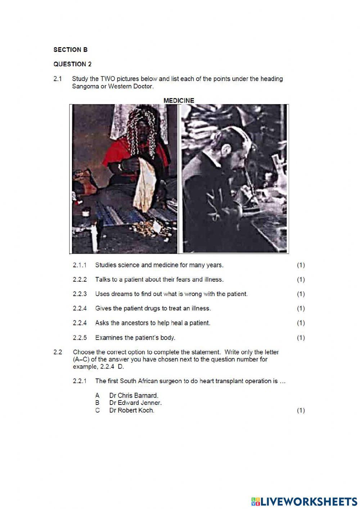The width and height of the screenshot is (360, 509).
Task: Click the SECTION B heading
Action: pyautogui.click(x=70, y=50)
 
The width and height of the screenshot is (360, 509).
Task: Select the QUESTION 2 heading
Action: pyautogui.click(x=72, y=64)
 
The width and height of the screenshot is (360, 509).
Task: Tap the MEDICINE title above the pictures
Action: pyautogui.click(x=179, y=101)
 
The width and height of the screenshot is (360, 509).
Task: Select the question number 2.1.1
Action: pyautogui.click(x=80, y=265)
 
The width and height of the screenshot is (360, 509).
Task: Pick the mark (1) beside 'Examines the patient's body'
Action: pyautogui.click(x=301, y=338)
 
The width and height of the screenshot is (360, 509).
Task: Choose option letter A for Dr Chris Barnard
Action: pyautogui.click(x=97, y=396)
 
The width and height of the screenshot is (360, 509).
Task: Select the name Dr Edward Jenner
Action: pyautogui.click(x=135, y=403)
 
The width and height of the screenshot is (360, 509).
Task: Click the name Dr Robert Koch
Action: pyautogui.click(x=132, y=410)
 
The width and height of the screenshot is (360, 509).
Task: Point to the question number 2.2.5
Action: pyautogui.click(x=80, y=338)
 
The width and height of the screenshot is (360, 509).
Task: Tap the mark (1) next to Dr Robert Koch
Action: pyautogui.click(x=301, y=410)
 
